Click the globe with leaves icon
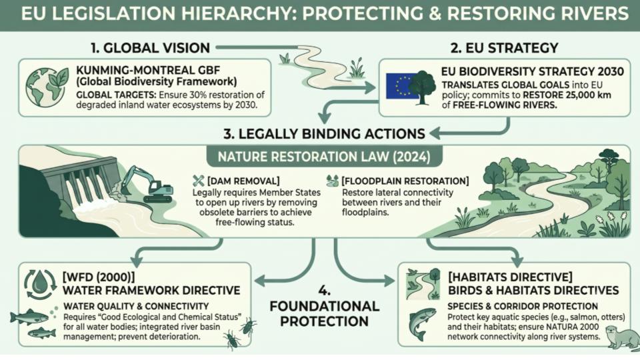point(47,87)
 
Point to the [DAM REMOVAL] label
point(243,181)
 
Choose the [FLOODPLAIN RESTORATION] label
point(405,181)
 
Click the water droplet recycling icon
point(39,284)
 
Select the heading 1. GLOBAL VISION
point(150,48)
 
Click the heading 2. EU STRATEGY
point(504,48)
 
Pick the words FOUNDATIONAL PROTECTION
point(325,313)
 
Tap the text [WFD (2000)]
point(99,277)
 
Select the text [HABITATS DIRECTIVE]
point(510,277)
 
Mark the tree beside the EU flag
point(423,87)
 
